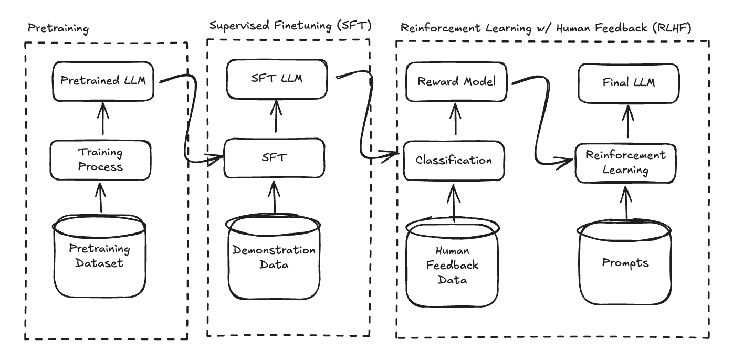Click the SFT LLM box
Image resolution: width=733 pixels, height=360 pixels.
pyautogui.click(x=276, y=79)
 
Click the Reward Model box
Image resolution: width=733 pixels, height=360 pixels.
pyautogui.click(x=456, y=82)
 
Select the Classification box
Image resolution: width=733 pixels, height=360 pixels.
pyautogui.click(x=454, y=160)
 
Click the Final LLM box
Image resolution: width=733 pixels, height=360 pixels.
pyautogui.click(x=629, y=82)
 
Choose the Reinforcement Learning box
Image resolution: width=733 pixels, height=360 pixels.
pyautogui.click(x=625, y=163)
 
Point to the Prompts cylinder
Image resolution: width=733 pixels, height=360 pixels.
pyautogui.click(x=625, y=262)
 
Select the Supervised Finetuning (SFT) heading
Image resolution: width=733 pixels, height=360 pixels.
pyautogui.click(x=290, y=26)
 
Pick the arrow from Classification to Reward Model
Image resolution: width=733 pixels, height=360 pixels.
pyautogui.click(x=455, y=120)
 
